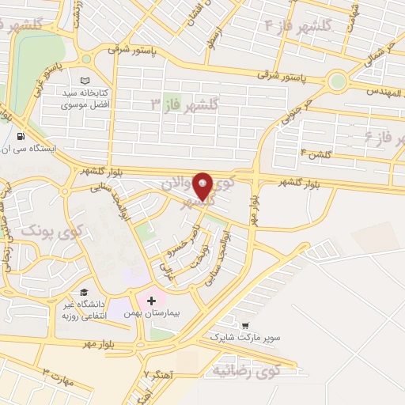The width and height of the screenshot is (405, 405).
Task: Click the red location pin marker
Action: point(202,187)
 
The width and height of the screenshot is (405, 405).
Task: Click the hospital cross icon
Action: point(151,300)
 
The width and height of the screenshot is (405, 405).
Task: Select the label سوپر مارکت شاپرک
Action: point(244,338)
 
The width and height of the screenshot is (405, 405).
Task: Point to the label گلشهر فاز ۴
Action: point(298,25)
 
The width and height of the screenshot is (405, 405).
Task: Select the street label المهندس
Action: point(383,91)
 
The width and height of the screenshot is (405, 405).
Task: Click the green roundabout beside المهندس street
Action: point(338,81)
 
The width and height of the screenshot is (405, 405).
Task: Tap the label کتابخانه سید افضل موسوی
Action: point(87,100)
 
